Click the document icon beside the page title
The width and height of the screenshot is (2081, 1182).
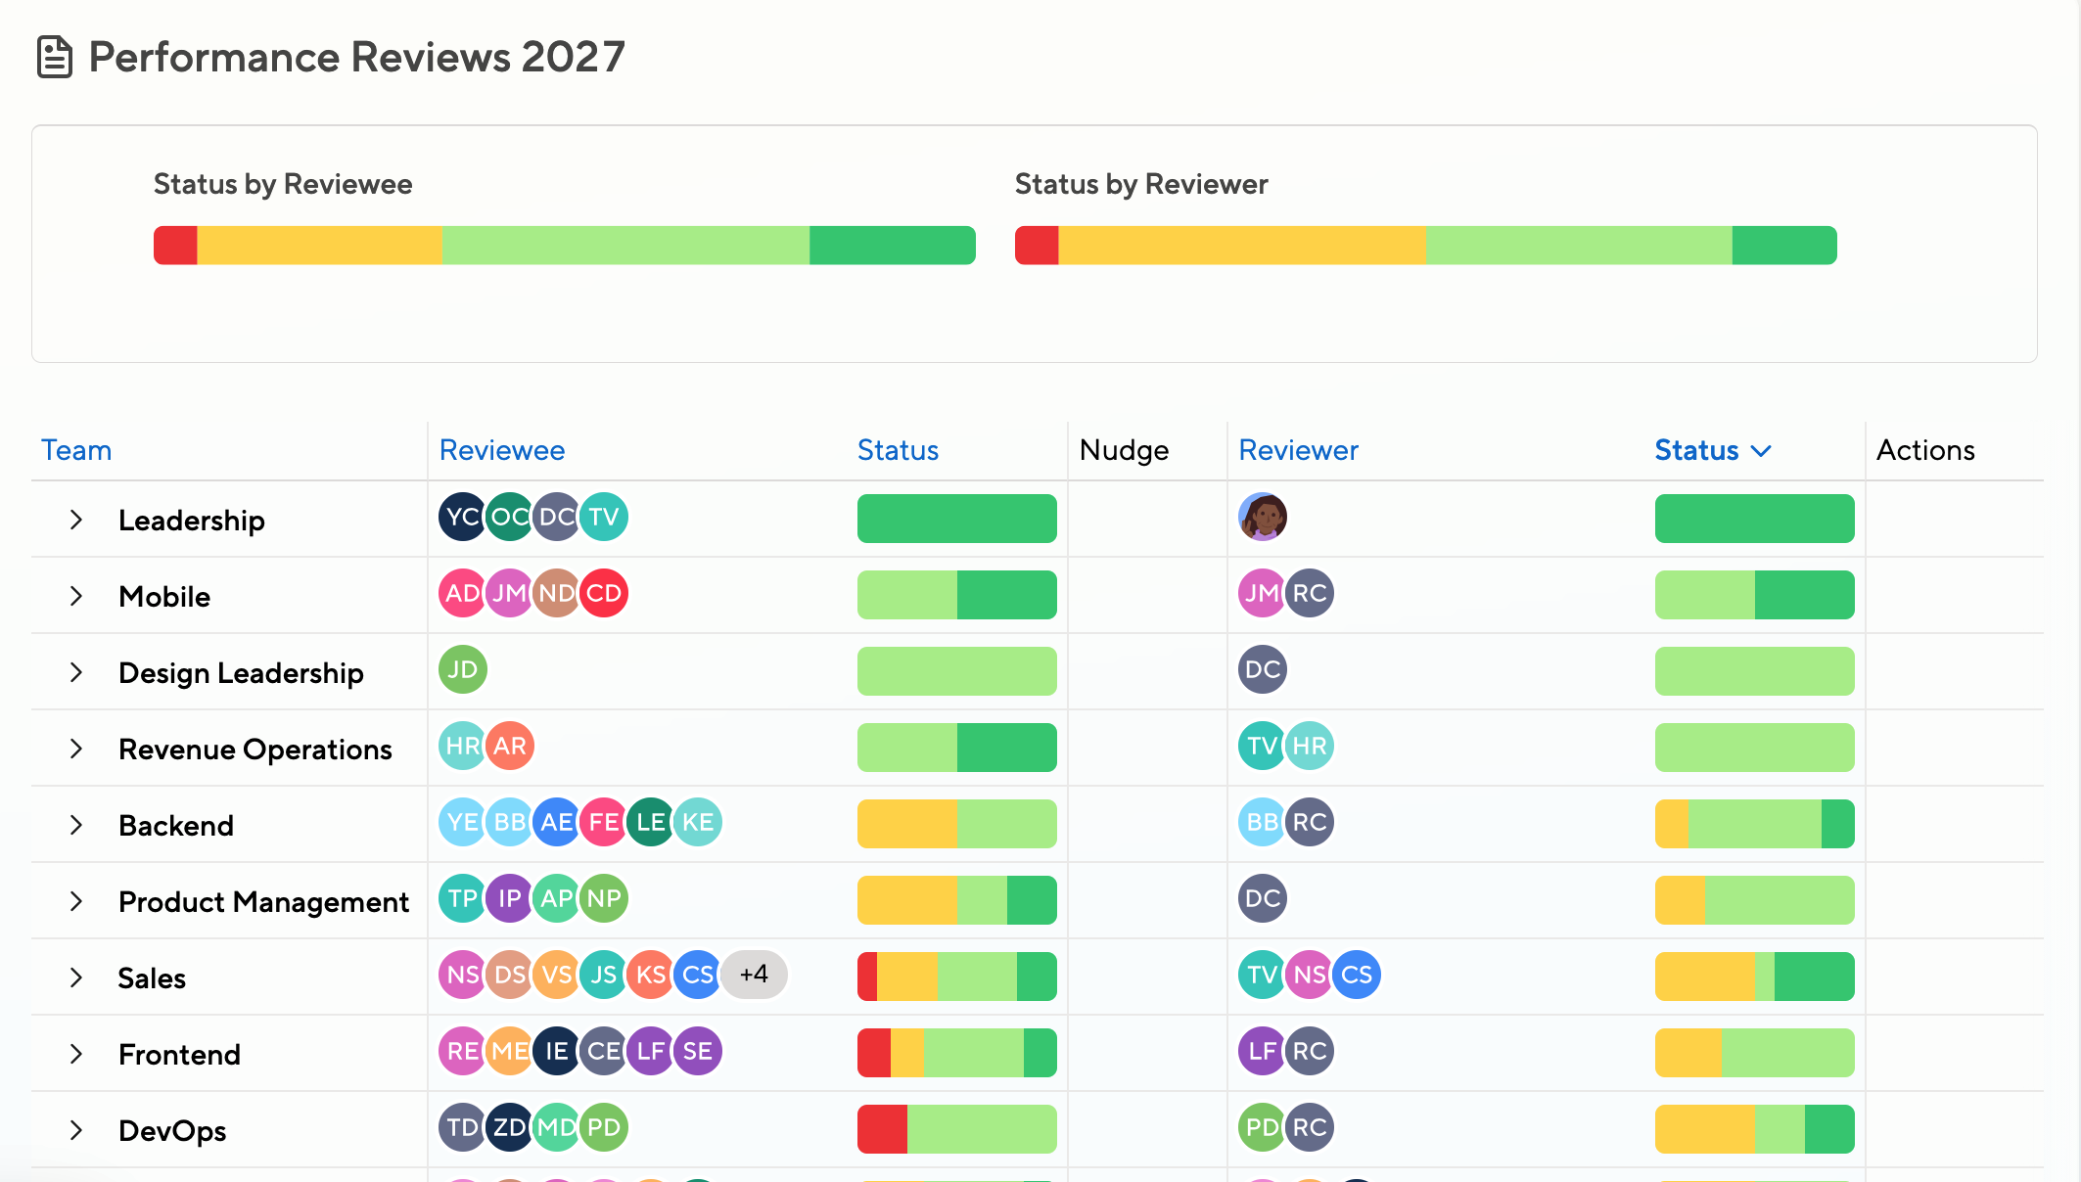click(55, 57)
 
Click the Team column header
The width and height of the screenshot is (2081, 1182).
click(76, 450)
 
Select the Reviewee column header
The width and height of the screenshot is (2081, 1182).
click(502, 450)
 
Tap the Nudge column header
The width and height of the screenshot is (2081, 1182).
click(1124, 450)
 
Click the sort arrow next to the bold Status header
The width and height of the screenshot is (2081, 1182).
click(1761, 451)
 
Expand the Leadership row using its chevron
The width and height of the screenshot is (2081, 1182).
click(76, 520)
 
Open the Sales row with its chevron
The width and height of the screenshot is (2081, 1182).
click(76, 977)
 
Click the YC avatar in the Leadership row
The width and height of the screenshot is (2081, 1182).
click(462, 517)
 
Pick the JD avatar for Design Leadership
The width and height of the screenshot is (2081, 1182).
click(463, 669)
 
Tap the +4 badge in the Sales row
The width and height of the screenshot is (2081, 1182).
click(754, 975)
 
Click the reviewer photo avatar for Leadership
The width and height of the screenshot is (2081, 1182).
click(1263, 517)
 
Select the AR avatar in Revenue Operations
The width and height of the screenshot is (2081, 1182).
click(510, 746)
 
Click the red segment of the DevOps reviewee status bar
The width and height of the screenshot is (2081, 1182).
click(882, 1129)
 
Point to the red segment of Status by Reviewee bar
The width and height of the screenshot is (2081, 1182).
click(175, 246)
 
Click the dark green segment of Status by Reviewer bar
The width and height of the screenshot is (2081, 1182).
click(1784, 246)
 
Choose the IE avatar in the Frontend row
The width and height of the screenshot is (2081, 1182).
click(557, 1051)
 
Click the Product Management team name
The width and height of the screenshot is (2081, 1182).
click(263, 901)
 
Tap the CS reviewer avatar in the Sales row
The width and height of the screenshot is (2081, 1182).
click(1357, 975)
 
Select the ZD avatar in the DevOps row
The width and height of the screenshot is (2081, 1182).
click(510, 1127)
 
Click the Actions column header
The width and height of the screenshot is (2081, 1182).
click(1925, 450)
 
